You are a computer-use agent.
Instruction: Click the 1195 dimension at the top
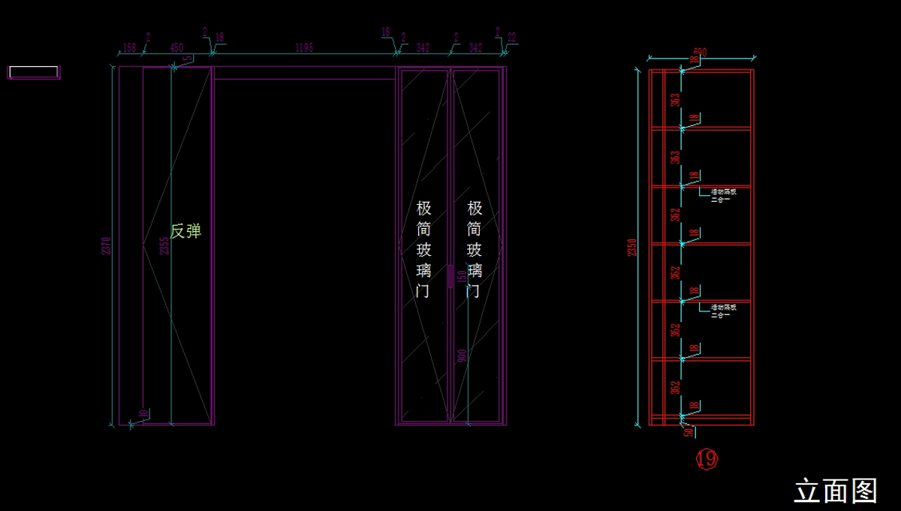(303, 48)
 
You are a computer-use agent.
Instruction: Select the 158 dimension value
(129, 48)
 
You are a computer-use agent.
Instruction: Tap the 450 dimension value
(176, 48)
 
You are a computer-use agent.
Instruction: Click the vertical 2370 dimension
(107, 245)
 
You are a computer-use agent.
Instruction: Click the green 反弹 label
(185, 231)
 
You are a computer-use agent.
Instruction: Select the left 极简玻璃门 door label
(423, 249)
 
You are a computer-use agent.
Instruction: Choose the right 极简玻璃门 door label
(475, 249)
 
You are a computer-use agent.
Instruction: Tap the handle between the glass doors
(450, 275)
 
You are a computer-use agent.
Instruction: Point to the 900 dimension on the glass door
(462, 356)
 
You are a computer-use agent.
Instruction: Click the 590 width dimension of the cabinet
(700, 53)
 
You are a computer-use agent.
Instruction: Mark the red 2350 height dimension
(632, 248)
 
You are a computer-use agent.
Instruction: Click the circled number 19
(707, 458)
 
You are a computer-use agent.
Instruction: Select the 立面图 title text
(836, 491)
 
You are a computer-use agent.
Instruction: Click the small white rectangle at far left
(34, 72)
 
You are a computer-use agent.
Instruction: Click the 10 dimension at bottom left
(143, 413)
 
